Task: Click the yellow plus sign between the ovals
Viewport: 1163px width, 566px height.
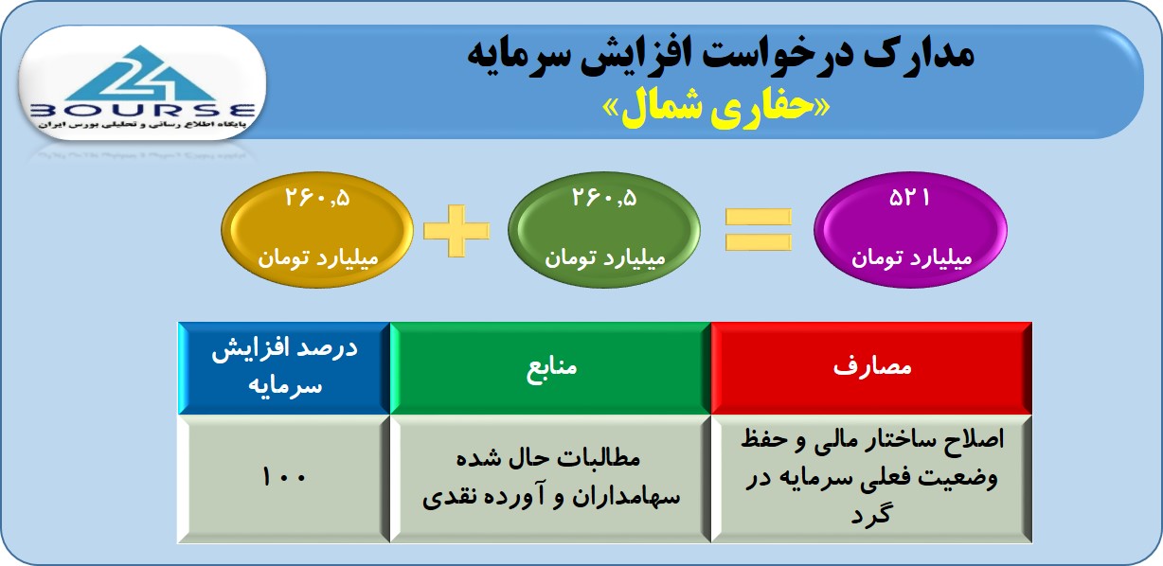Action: pos(456,231)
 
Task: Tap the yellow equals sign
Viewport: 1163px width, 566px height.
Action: pos(758,229)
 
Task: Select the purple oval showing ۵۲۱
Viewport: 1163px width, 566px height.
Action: pos(911,229)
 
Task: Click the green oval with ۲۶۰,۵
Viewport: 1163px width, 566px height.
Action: pos(604,229)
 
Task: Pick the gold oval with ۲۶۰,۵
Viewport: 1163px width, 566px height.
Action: pos(317,229)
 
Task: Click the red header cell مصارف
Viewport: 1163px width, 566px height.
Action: pos(871,368)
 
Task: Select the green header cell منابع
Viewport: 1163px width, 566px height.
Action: pos(550,368)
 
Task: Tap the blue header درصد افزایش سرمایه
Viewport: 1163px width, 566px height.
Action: pos(284,368)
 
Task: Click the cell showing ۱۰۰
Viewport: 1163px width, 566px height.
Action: pos(284,478)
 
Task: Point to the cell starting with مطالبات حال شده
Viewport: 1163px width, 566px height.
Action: pos(550,478)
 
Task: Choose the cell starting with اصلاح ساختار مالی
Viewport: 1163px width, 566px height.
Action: pos(871,478)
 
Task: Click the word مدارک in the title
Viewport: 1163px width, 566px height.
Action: pos(919,54)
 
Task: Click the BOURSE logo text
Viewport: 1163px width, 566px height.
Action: pos(143,111)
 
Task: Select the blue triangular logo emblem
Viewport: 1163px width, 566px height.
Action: pos(140,74)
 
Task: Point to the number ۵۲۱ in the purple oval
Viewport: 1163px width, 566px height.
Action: pos(909,198)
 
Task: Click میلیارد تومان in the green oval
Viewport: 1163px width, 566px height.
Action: pos(605,258)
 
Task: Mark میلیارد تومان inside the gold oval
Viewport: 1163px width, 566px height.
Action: pos(318,258)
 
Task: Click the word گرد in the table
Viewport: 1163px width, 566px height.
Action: pos(870,514)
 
